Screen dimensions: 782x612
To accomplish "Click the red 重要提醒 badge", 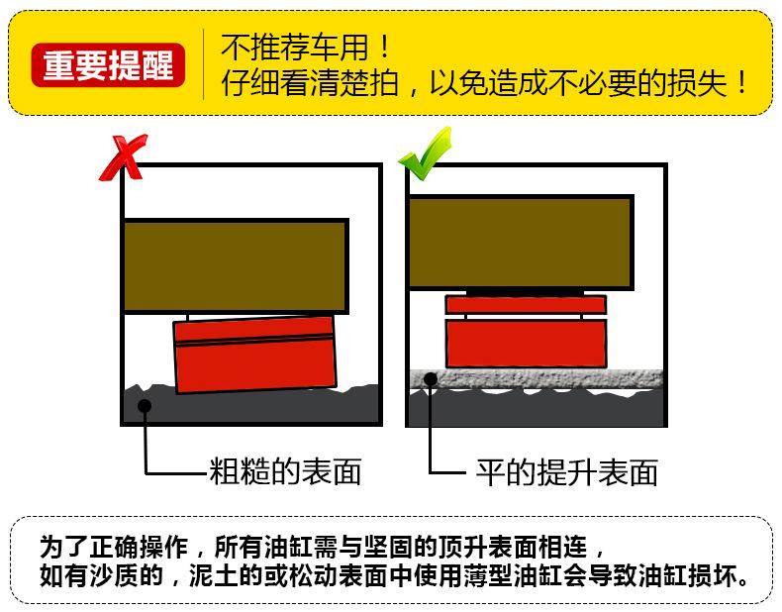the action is [108, 65].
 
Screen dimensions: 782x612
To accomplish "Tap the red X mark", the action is [123, 157].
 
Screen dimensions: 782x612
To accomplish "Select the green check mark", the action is [425, 153].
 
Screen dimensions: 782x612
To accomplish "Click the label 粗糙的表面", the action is [285, 471].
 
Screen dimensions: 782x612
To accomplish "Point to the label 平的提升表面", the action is [566, 472].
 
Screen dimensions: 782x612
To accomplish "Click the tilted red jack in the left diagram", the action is [254, 355].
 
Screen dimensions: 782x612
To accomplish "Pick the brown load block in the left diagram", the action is [236, 265].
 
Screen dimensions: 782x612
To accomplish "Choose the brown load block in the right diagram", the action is [521, 243].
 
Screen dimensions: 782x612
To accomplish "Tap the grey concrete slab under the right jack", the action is [537, 379].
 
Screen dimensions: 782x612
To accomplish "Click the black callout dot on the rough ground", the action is [145, 406].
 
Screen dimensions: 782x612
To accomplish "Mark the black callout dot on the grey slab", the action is [431, 379].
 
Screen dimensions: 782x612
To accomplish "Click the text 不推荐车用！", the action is [305, 48].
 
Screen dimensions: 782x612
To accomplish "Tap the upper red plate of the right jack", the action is [526, 305].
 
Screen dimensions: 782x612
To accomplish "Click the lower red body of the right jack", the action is [526, 344].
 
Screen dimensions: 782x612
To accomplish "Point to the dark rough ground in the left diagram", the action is [250, 406].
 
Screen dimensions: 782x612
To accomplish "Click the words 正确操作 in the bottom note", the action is [139, 548].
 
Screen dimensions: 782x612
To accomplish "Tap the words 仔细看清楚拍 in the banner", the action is [310, 83].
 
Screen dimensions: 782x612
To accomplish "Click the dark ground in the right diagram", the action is [537, 407].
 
